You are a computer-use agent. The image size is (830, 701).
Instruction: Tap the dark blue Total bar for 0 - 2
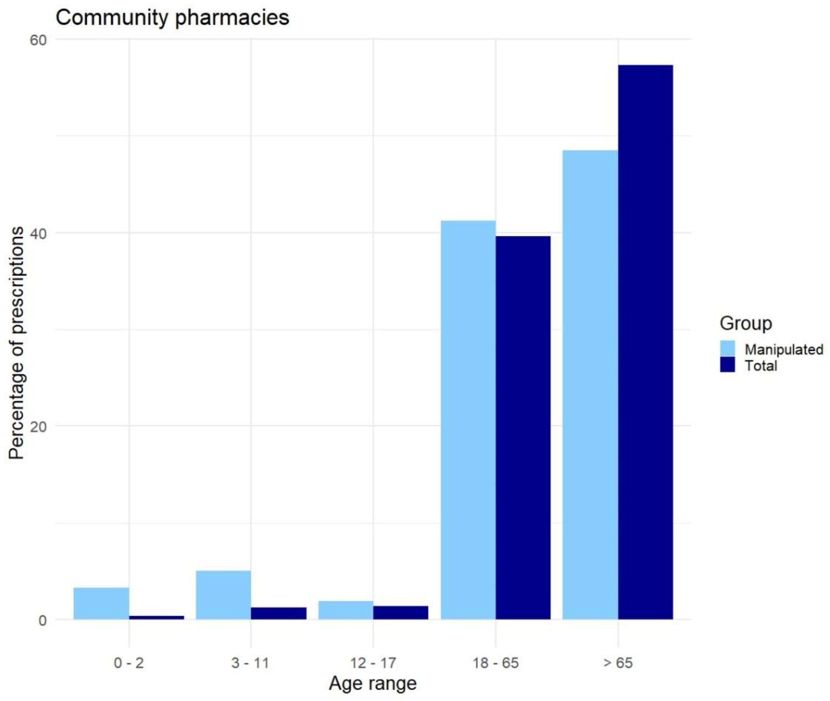point(157,617)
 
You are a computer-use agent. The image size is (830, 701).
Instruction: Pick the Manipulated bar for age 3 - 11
point(224,595)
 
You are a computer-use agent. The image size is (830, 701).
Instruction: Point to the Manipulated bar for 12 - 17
point(345,610)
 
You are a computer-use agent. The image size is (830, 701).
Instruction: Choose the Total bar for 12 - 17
point(401,612)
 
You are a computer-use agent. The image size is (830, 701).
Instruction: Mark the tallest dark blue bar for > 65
point(645,342)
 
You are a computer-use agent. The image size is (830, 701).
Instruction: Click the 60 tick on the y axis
point(38,40)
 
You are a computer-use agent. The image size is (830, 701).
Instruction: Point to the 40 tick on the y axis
point(38,233)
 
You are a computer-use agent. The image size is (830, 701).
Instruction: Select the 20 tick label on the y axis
point(38,426)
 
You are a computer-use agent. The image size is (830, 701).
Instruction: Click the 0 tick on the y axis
point(43,620)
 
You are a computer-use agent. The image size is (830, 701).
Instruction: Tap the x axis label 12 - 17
point(373,663)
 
